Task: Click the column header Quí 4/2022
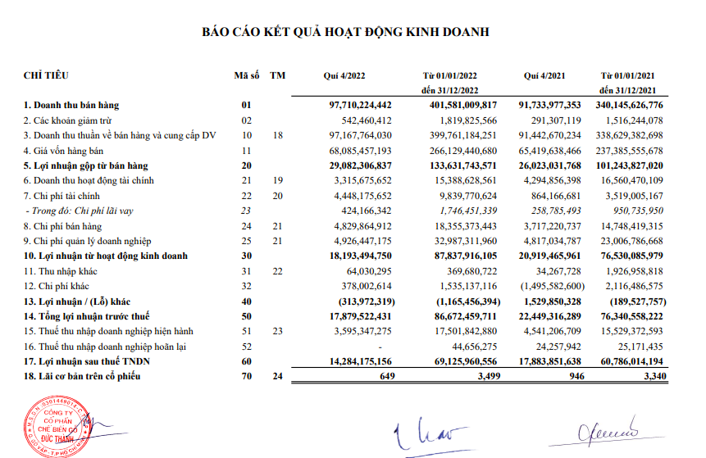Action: coord(344,76)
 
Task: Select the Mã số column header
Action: coord(246,76)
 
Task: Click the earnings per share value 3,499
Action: coord(482,376)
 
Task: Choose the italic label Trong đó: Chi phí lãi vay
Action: coord(81,211)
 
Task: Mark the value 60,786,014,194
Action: coord(622,361)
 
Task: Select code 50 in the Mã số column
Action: coord(245,315)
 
